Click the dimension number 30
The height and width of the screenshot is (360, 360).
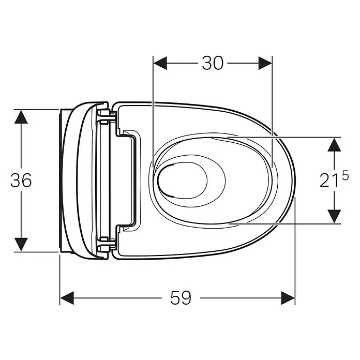[x=213, y=63]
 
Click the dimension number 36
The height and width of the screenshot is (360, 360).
[x=21, y=180]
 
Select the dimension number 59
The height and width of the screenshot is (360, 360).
[x=181, y=298]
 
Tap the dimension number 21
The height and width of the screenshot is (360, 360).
[x=329, y=180]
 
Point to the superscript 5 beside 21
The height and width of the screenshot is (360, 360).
[x=345, y=175]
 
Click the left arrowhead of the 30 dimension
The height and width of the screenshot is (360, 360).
[x=160, y=63]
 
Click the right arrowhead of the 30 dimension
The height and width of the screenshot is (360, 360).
[x=265, y=63]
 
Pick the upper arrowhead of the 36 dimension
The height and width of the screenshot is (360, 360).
[x=21, y=117]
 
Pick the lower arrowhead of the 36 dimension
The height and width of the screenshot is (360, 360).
[x=21, y=244]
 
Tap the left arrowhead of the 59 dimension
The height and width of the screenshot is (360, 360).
[x=67, y=298]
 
